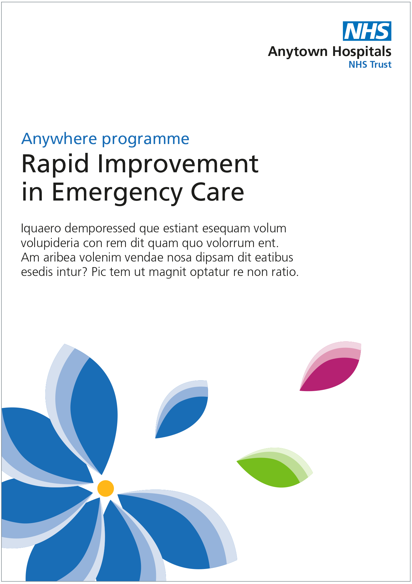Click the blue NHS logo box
[x=367, y=31]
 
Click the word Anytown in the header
[x=298, y=52]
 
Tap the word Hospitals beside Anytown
[x=362, y=52]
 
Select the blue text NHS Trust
[x=370, y=64]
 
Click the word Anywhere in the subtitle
[x=59, y=139]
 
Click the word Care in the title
[x=217, y=192]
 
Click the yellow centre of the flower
[x=106, y=488]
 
